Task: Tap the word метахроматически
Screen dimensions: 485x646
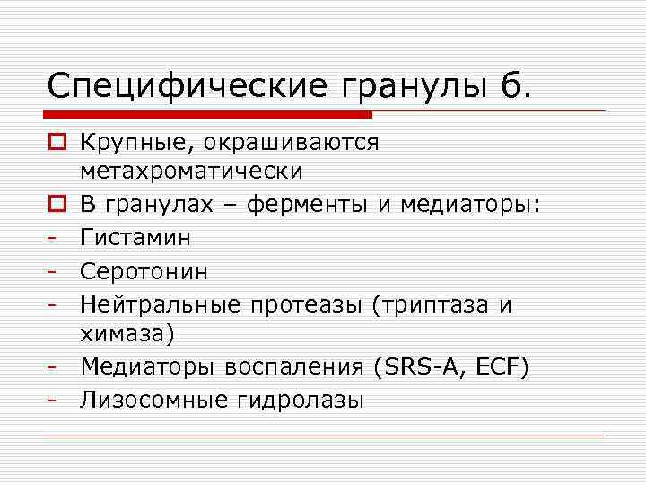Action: pyautogui.click(x=191, y=171)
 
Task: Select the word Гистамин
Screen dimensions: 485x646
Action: pyautogui.click(x=135, y=237)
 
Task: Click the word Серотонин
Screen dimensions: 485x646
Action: pyautogui.click(x=144, y=270)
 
